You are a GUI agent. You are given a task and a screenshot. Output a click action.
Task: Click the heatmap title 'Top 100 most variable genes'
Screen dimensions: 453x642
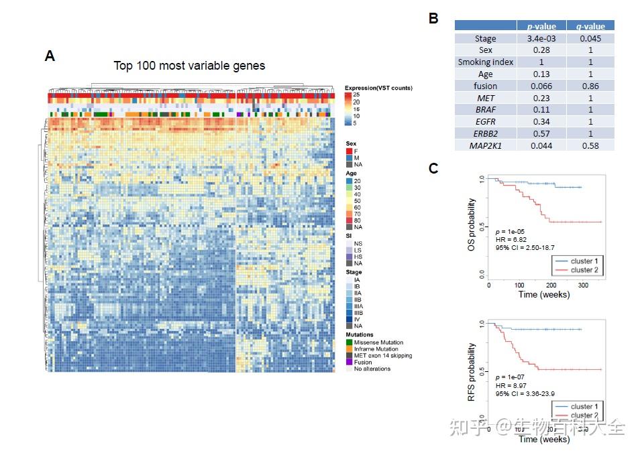[189, 66]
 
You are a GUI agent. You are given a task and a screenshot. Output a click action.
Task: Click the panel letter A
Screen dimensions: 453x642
[50, 56]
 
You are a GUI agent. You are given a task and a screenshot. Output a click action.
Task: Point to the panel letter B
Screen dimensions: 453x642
[433, 18]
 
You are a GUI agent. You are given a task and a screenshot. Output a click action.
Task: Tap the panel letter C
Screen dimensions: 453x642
[433, 168]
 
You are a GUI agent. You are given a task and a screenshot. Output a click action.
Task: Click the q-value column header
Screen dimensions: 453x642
[590, 26]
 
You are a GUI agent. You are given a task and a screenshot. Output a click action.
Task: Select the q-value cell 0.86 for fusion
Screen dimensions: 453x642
[590, 86]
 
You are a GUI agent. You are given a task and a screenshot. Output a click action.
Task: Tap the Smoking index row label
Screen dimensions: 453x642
[485, 62]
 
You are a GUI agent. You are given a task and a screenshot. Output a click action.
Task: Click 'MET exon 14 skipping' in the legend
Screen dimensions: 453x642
[384, 355]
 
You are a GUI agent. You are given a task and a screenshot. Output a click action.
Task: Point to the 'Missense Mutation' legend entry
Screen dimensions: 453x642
[380, 342]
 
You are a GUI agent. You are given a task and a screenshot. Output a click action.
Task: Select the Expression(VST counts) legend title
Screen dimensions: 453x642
[378, 88]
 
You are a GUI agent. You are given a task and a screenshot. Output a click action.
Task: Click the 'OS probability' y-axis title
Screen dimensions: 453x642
[472, 226]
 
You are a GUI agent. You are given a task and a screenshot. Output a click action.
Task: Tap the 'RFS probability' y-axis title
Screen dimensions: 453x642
[472, 371]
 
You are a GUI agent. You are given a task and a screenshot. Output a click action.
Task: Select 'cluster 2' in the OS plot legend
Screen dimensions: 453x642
[583, 270]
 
